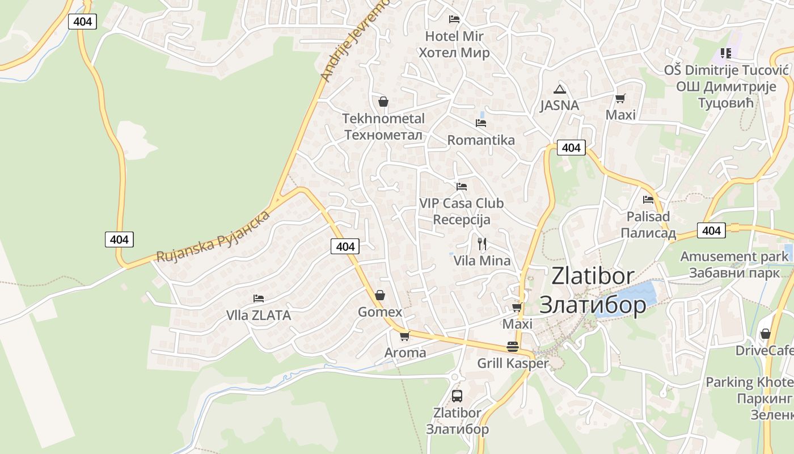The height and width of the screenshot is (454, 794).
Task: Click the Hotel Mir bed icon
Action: [454, 19]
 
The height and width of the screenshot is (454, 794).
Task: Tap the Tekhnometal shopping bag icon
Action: [383, 102]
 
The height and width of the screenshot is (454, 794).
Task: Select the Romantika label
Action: [481, 140]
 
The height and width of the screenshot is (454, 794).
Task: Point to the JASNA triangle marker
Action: [560, 89]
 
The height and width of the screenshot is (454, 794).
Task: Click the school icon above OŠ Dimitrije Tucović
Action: [725, 53]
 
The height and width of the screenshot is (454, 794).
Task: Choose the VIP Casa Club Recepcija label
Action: [461, 211]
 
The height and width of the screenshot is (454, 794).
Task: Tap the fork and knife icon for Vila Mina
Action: [482, 244]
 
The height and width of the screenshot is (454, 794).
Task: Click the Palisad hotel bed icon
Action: [648, 199]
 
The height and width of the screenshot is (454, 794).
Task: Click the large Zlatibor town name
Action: [593, 290]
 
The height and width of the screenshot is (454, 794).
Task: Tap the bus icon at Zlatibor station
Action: [457, 396]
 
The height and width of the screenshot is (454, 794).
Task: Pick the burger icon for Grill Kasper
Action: [513, 347]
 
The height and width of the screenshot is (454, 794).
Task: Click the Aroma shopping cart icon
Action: [405, 336]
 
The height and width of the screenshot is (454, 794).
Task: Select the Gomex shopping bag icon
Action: [380, 295]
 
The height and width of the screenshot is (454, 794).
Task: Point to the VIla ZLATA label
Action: [258, 316]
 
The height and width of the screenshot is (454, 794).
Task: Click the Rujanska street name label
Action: [213, 238]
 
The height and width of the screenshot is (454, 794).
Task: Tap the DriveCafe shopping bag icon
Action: [766, 334]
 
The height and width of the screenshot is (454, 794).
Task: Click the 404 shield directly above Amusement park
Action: [711, 230]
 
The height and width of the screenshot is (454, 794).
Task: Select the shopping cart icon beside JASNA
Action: [620, 98]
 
